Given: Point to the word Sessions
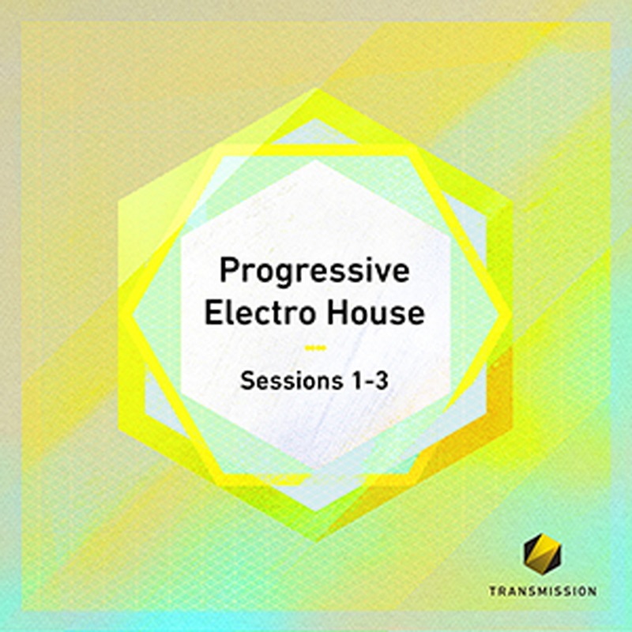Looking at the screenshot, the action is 286,380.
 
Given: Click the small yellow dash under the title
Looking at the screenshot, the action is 315,348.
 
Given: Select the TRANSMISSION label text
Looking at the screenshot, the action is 543,591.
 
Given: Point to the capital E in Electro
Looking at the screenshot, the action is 213,312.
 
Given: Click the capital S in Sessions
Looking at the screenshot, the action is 247,380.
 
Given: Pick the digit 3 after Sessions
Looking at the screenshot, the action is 382,380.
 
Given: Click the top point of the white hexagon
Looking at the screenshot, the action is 315,160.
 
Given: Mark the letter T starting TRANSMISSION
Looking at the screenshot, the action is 493,591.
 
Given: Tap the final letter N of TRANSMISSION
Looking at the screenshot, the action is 592,591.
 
